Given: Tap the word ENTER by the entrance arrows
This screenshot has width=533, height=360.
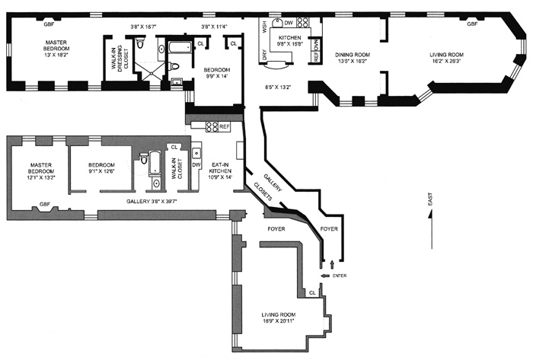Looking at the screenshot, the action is pos(340,276).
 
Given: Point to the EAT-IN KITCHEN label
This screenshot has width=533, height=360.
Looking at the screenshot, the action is pos(220,172).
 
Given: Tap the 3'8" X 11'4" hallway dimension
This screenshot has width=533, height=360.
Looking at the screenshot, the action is pos(216,27).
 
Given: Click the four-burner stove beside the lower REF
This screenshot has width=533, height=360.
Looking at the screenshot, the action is pos(211,126).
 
